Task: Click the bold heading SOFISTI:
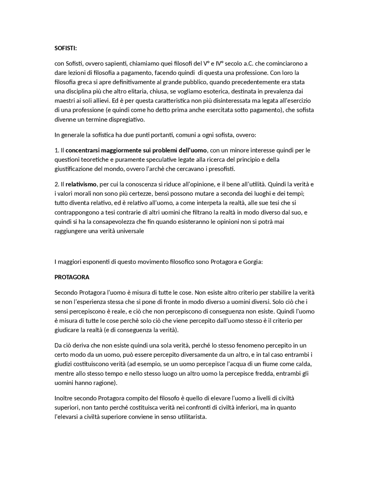pos(66,48)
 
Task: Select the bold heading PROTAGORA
pos(72,277)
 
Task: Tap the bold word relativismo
pos(81,184)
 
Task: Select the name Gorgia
pos(252,262)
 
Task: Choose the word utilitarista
pos(192,417)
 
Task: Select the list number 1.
pos(57,150)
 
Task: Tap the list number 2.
pos(57,184)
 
